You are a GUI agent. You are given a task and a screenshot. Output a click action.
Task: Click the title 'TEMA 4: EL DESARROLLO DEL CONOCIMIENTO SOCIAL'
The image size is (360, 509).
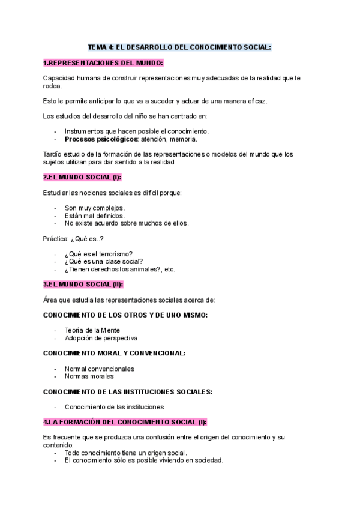179,46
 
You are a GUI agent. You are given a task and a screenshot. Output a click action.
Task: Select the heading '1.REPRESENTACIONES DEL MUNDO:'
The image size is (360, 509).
103,62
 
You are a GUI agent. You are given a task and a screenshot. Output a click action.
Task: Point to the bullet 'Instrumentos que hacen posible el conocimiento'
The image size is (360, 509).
137,131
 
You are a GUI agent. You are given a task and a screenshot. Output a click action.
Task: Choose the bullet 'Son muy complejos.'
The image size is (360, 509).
95,208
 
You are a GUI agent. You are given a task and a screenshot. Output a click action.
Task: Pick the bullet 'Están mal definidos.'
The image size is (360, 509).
95,215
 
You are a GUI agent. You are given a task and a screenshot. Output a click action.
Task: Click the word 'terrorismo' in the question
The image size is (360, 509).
116,253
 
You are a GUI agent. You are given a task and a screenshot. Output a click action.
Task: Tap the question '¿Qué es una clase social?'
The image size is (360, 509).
103,261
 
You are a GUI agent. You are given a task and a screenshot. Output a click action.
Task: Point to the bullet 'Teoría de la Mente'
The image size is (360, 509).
92,330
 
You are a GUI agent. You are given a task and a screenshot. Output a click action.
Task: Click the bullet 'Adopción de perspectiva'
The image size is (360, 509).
101,338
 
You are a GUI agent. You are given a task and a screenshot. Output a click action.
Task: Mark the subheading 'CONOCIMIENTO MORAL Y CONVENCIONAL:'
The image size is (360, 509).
114,353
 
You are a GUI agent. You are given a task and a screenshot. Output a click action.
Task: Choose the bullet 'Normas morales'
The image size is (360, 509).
89,376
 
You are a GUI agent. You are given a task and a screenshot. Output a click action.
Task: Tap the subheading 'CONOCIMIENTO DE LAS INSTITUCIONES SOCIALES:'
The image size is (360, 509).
128,391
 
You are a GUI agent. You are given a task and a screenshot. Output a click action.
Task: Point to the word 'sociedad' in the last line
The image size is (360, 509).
208,460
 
